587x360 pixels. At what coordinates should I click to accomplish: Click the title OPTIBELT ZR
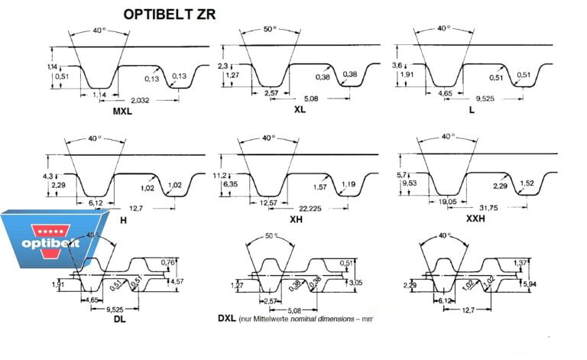170,13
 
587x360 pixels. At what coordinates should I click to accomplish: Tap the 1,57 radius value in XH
319,185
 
